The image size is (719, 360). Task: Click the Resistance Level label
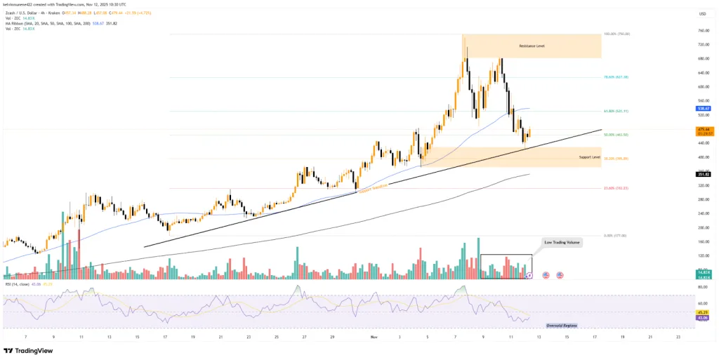click(532, 46)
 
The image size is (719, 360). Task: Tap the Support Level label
click(589, 157)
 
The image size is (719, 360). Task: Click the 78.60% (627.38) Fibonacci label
click(616, 77)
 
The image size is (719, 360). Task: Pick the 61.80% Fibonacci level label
click(616, 111)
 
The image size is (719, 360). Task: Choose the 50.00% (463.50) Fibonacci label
click(615, 135)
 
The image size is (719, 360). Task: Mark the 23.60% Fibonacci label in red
click(615, 188)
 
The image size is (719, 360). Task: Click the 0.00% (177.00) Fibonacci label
click(615, 236)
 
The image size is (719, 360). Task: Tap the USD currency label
click(701, 13)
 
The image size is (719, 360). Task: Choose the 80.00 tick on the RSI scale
click(701, 287)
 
